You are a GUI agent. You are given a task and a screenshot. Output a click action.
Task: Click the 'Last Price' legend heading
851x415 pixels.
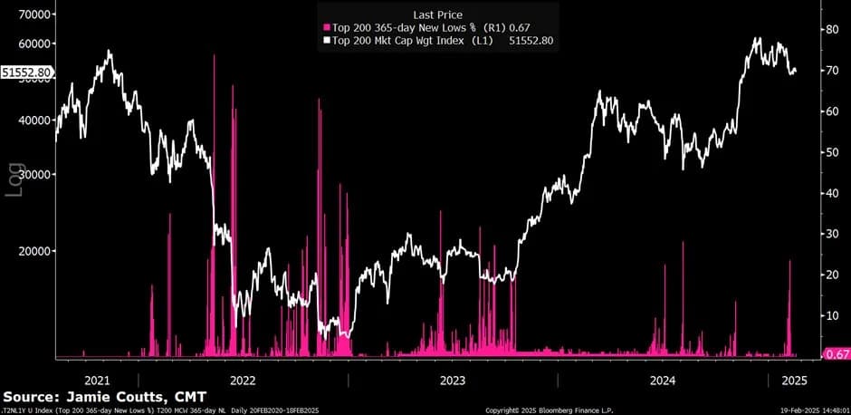point(437,14)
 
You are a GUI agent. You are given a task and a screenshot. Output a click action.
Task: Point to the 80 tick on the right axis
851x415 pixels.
point(828,29)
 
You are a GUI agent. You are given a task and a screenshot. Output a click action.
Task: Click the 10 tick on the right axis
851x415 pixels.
point(828,315)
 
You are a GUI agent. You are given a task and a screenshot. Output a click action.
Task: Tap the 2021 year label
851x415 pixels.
point(96,380)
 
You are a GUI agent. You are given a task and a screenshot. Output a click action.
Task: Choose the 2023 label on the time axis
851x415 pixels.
point(453,380)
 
